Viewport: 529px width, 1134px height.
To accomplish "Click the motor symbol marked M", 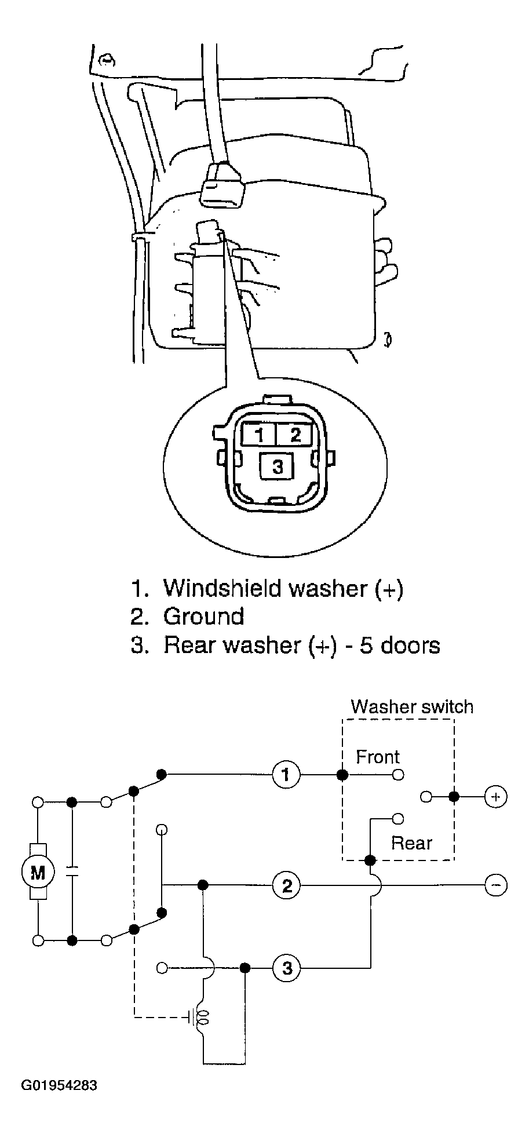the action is [38, 872].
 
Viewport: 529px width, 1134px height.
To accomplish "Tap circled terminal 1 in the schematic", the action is [286, 775].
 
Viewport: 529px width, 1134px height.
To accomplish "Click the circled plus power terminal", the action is [495, 797].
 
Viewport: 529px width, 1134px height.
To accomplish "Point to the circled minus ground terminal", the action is [495, 885].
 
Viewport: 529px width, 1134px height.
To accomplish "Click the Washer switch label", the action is [412, 706].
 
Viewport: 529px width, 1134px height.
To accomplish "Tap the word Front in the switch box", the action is [378, 757].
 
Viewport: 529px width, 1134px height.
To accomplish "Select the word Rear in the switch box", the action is [411, 843].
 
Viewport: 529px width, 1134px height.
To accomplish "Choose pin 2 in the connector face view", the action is [295, 434].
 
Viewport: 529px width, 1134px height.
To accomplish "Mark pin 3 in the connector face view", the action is [278, 466].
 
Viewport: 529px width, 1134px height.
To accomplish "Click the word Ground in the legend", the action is [204, 617].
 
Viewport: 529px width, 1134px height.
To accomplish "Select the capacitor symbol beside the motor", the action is [72, 872].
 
